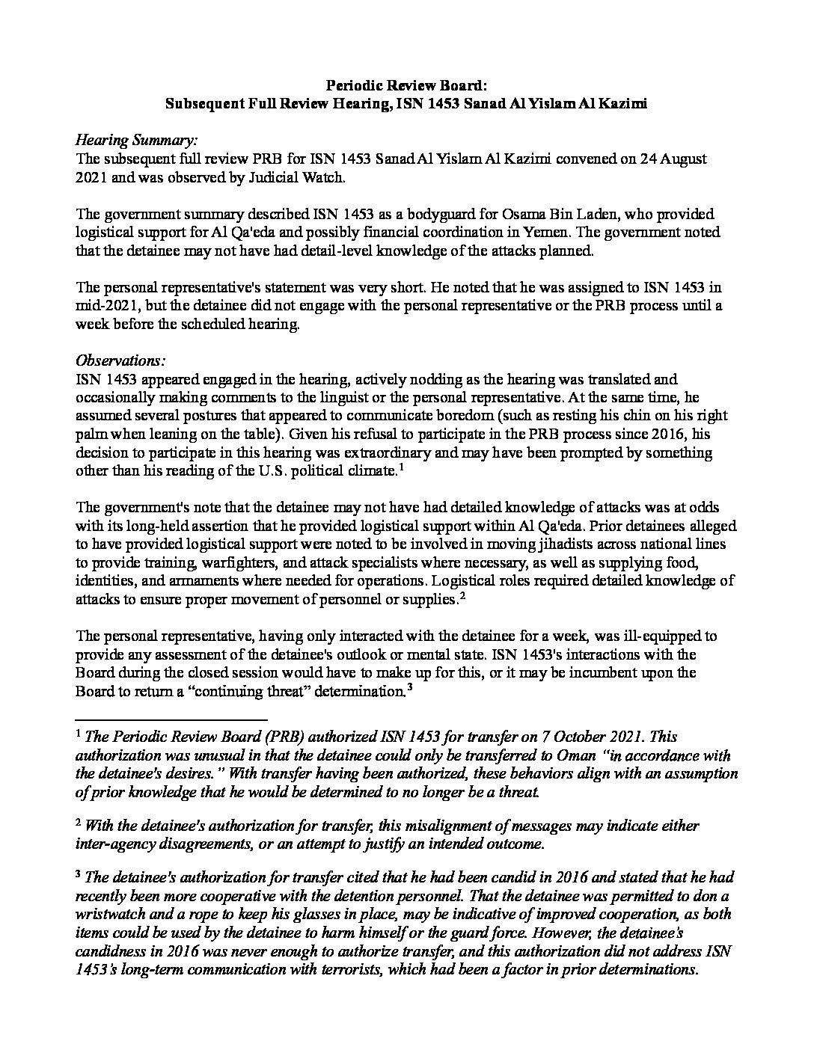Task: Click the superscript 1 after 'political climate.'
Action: (x=402, y=468)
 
